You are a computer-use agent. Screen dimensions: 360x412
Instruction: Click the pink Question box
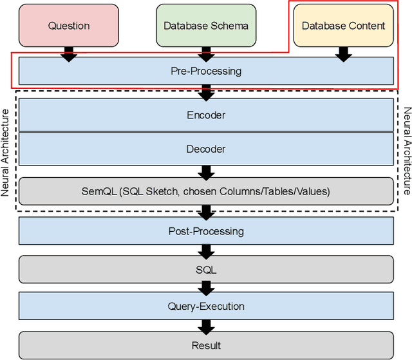click(x=69, y=26)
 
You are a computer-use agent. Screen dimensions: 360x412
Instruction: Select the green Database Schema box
click(x=206, y=26)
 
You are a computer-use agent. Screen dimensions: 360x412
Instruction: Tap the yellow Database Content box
click(x=343, y=26)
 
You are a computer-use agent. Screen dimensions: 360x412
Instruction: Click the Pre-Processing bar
click(x=206, y=71)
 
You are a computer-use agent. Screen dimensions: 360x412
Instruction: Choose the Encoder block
click(x=206, y=115)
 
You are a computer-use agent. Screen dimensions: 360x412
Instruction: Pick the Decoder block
click(x=206, y=149)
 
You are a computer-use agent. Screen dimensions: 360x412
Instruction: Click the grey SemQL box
click(x=206, y=191)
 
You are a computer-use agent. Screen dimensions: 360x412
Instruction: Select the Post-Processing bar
click(x=206, y=231)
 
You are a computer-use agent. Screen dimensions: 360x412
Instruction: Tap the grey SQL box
click(x=206, y=269)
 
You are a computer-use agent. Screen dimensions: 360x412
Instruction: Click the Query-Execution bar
click(x=206, y=307)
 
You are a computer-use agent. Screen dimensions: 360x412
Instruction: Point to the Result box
click(x=206, y=345)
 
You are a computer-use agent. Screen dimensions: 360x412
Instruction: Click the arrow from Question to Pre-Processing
click(x=69, y=54)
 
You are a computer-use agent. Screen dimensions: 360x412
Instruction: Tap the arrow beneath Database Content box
click(x=343, y=54)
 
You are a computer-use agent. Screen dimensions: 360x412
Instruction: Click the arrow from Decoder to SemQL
click(x=206, y=171)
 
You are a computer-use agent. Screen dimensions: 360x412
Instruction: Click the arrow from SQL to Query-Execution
click(x=206, y=288)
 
